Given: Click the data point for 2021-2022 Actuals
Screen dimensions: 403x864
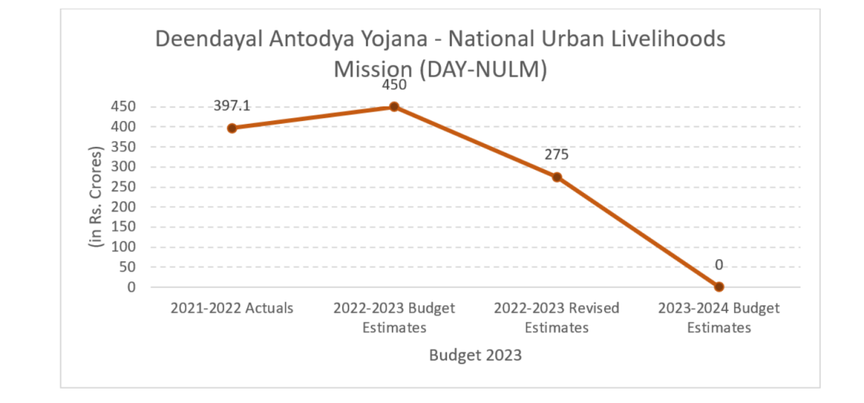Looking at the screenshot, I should click(232, 128).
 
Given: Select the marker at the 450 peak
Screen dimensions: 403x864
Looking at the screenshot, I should click(395, 107).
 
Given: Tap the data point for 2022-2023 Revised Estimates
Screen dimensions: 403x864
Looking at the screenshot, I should click(557, 177).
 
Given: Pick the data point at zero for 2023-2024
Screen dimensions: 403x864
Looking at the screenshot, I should click(719, 286).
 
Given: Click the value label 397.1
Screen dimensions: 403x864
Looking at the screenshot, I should click(232, 106).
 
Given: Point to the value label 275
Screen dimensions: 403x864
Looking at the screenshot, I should click(557, 155).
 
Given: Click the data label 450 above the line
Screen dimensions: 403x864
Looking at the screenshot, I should click(395, 84).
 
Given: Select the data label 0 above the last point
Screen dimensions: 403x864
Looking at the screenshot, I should click(719, 265).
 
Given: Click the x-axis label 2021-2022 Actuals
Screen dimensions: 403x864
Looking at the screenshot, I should click(232, 309).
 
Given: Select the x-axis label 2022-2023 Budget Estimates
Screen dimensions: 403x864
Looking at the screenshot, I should click(395, 317).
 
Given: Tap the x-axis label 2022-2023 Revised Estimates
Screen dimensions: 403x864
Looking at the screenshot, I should click(557, 317).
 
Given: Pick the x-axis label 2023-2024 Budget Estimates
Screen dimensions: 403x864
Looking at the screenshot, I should click(719, 317).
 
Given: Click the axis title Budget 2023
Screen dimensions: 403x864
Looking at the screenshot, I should click(475, 355).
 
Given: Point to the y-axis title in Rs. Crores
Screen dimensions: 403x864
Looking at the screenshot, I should click(96, 197).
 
